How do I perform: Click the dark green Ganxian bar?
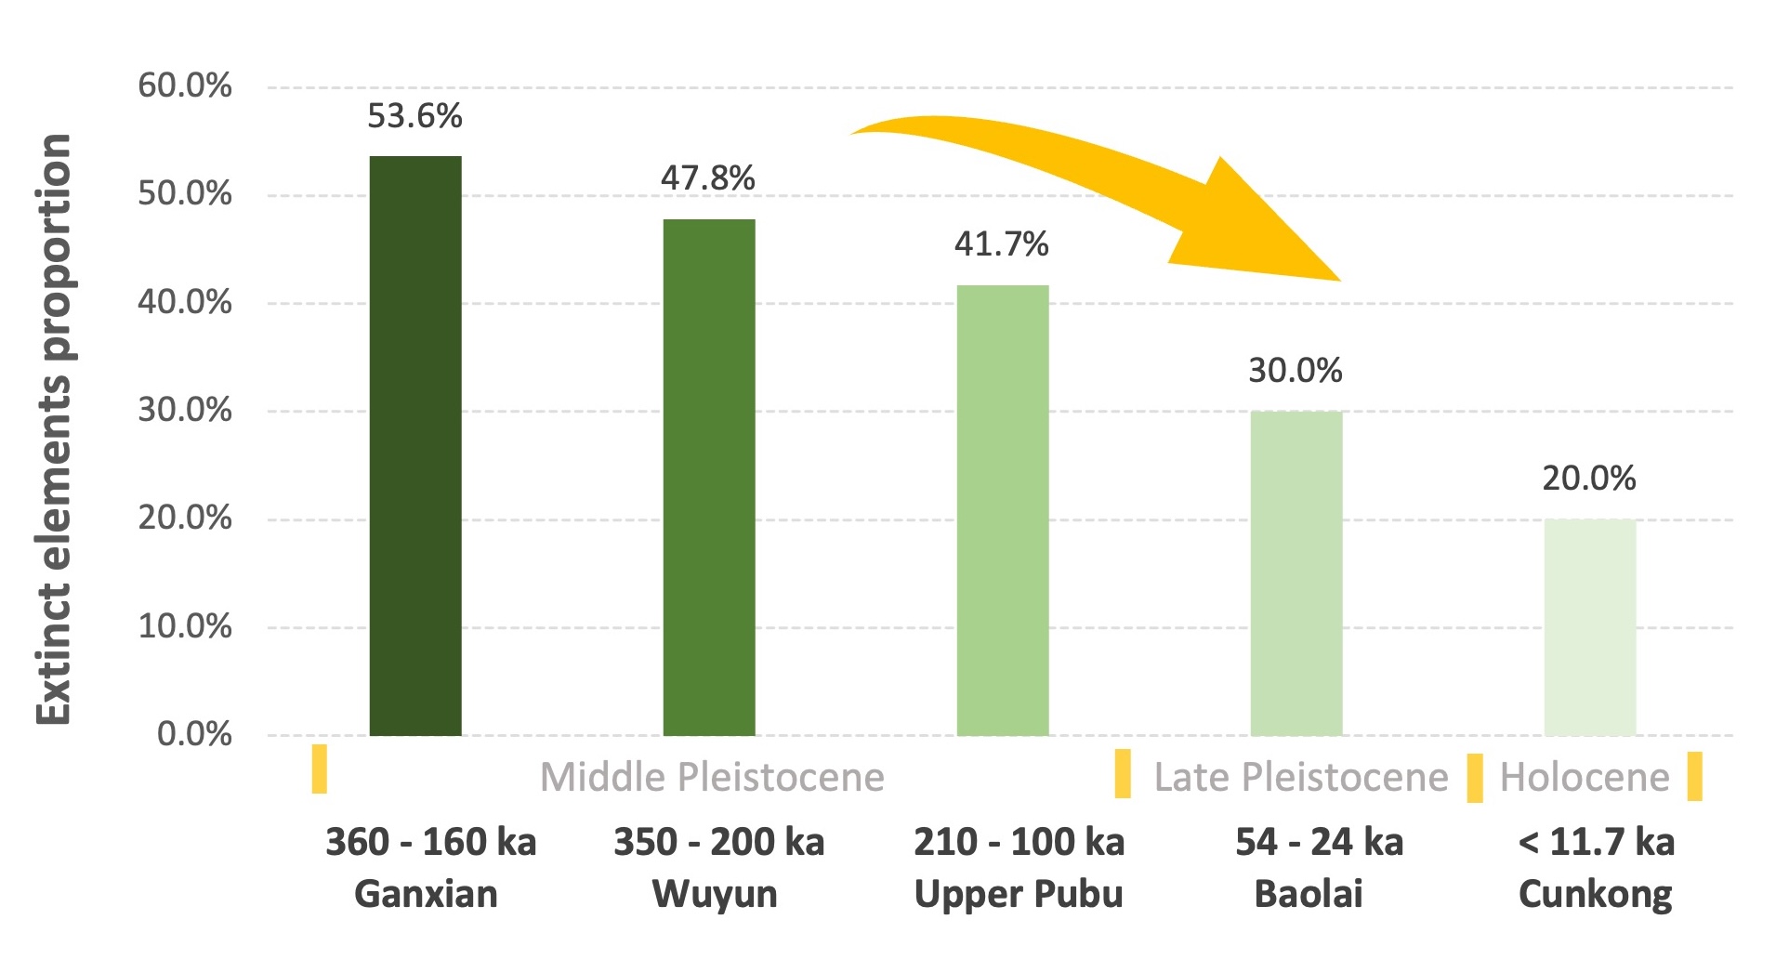pos(415,446)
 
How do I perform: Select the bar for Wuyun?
pos(709,478)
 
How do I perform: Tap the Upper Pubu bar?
pos(1003,510)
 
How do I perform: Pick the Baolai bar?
pos(1296,572)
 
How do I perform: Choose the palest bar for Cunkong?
pos(1590,627)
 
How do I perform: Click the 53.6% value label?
pos(414,116)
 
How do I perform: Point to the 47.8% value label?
pos(708,177)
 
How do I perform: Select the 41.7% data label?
pos(1002,244)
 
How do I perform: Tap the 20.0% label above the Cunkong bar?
pos(1589,479)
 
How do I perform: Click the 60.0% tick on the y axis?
pos(185,86)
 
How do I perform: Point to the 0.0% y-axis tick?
pos(194,734)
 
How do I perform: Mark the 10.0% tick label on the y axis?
pos(185,626)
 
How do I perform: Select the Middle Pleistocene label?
pos(712,777)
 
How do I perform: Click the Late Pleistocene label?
pos(1301,777)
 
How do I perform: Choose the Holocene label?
pos(1585,777)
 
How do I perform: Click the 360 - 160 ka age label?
pos(430,842)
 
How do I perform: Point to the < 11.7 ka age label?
pos(1596,842)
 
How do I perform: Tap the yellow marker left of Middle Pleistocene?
pos(319,769)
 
